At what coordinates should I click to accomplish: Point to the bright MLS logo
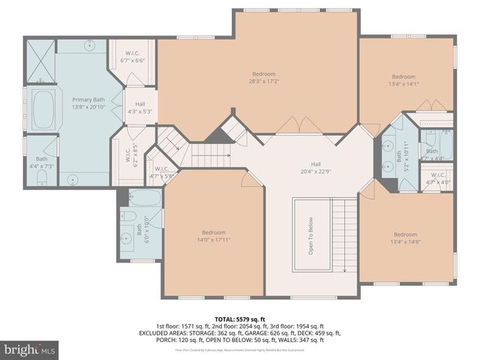coord(30,349)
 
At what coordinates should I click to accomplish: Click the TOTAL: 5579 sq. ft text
coord(239,319)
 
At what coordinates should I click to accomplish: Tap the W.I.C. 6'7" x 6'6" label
coord(133,57)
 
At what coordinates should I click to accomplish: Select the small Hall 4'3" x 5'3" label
coord(139,107)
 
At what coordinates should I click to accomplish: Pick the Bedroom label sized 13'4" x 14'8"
coord(404,238)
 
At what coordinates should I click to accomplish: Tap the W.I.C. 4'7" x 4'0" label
coord(438,178)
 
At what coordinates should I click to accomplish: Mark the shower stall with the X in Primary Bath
coord(40,61)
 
